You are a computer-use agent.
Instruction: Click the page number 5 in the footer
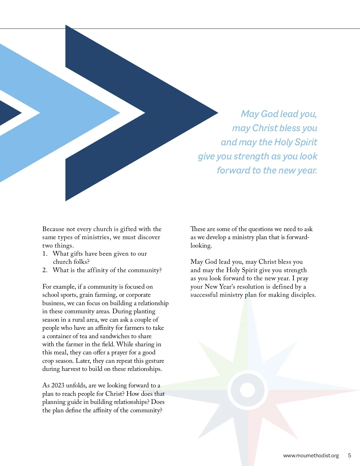click(349, 455)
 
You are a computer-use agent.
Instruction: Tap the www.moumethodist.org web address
click(311, 455)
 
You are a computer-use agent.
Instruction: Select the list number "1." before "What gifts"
click(45, 254)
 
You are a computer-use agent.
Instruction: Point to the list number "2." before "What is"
click(45, 270)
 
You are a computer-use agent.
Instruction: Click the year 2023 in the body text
click(58, 386)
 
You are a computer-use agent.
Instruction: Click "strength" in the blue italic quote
click(251, 156)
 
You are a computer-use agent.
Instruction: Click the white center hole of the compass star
click(247, 390)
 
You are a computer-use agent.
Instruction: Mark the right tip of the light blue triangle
click(119, 113)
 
